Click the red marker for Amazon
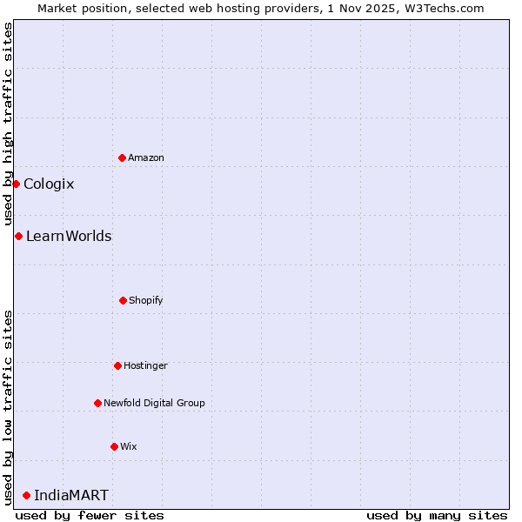coord(122,157)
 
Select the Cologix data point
coord(16,184)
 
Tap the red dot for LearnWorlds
coord(18,236)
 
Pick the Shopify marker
coord(123,300)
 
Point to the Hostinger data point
coord(117,365)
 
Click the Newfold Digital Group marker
coord(97,403)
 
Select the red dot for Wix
coord(114,446)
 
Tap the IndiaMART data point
coord(26,495)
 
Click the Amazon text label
coord(146,157)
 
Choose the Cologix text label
coord(49,184)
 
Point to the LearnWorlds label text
coord(69,236)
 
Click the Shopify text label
coord(146,300)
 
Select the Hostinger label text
coord(145,365)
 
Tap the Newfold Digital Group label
coord(154,403)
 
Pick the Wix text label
coord(129,446)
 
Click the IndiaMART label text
coord(71,495)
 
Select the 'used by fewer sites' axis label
coord(90,515)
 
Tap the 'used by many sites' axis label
coord(437,515)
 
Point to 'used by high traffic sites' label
coord(8,124)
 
